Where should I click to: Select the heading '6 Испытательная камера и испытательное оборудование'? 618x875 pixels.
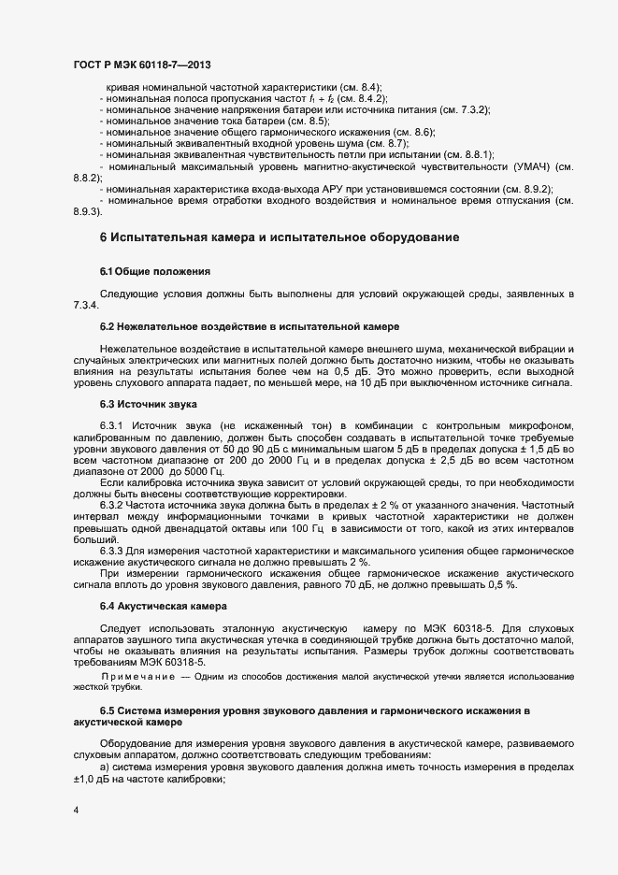tap(279, 237)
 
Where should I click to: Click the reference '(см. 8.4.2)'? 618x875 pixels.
tap(362, 98)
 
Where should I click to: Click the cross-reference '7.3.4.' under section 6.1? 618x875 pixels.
tap(86, 306)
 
